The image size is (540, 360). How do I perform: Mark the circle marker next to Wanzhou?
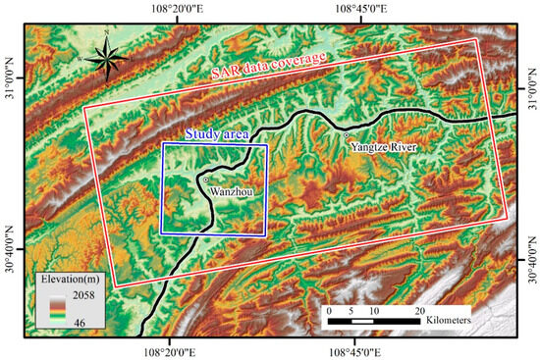pos(206,180)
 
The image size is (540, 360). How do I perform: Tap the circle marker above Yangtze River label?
pos(347,134)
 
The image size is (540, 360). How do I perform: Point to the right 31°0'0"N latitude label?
pos(531,85)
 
